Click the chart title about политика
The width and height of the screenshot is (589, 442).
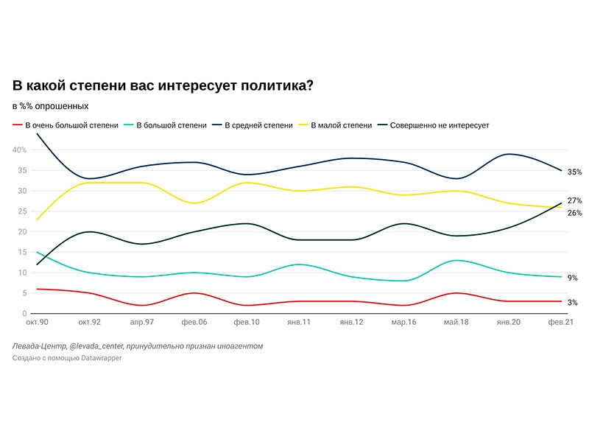tap(163, 85)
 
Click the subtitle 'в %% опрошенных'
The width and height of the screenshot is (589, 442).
tap(50, 106)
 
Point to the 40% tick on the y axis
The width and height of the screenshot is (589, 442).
tap(19, 150)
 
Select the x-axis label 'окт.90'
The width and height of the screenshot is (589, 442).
tap(37, 323)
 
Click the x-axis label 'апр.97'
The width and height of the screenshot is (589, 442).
tap(141, 323)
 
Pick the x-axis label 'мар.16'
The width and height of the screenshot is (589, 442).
tap(405, 323)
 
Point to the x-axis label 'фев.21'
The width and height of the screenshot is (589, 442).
tap(560, 323)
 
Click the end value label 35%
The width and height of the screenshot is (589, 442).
tap(574, 172)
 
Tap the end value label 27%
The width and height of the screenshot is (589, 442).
tap(574, 200)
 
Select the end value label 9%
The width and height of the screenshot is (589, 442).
tap(572, 278)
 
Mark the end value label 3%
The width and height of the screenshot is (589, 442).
tap(572, 303)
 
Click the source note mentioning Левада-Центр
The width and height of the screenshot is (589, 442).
tap(137, 345)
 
